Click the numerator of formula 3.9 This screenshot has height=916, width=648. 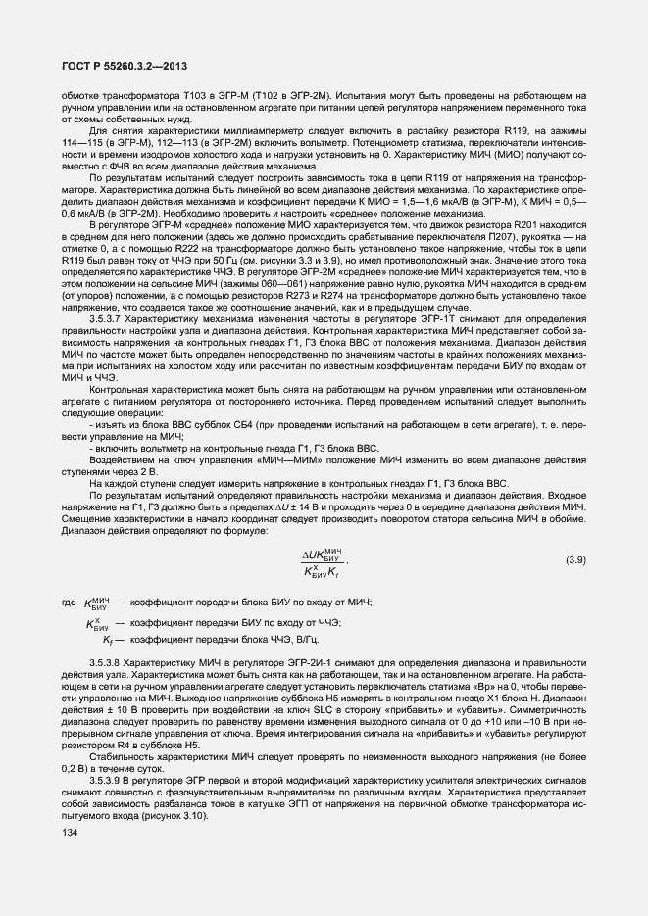click(326, 552)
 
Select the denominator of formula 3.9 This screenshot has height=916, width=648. click(326, 569)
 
